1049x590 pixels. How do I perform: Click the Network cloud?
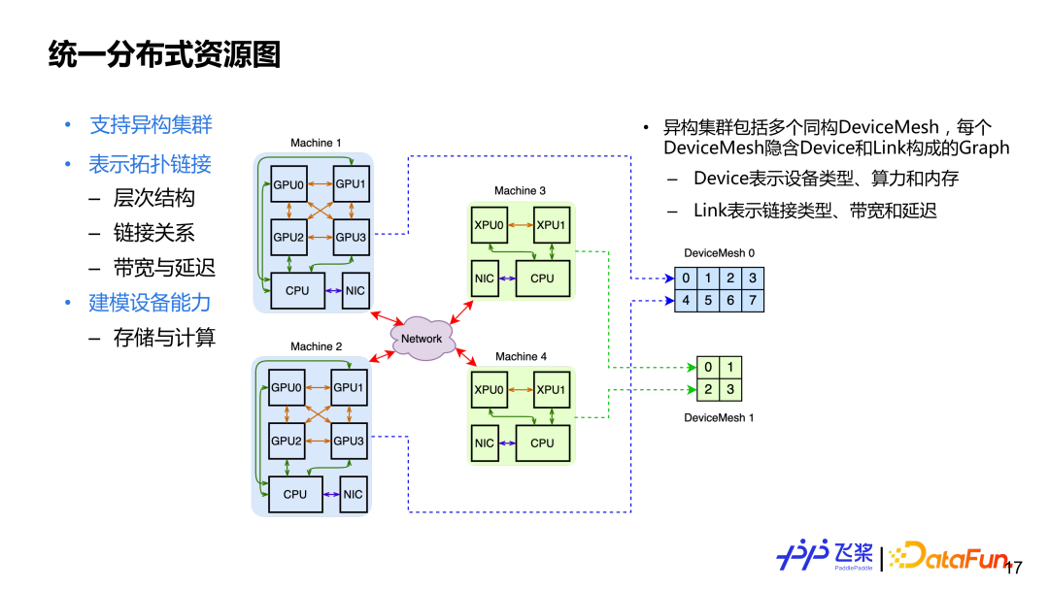pyautogui.click(x=422, y=339)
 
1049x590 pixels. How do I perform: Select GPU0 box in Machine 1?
pyautogui.click(x=288, y=183)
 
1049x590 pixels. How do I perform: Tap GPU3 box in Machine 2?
pyautogui.click(x=349, y=441)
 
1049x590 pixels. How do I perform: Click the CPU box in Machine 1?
pyautogui.click(x=297, y=290)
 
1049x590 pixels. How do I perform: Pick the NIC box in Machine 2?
pyautogui.click(x=354, y=494)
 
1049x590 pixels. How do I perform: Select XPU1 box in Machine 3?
pyautogui.click(x=551, y=225)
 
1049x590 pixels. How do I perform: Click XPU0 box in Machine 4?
pyautogui.click(x=489, y=390)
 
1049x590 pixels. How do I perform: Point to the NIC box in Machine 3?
pyautogui.click(x=485, y=279)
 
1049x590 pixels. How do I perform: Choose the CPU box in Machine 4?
pyautogui.click(x=542, y=442)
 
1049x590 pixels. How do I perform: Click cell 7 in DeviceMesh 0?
pyautogui.click(x=753, y=301)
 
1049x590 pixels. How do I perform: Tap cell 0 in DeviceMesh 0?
pyautogui.click(x=686, y=279)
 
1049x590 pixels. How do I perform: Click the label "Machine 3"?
pyautogui.click(x=521, y=191)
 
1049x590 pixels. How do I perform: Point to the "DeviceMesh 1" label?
pyautogui.click(x=719, y=418)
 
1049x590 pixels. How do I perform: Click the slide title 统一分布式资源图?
pyautogui.click(x=164, y=54)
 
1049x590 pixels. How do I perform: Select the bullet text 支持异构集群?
pyautogui.click(x=151, y=125)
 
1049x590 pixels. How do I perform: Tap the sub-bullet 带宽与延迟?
pyautogui.click(x=164, y=268)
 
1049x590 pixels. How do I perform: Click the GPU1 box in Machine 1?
pyautogui.click(x=350, y=183)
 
